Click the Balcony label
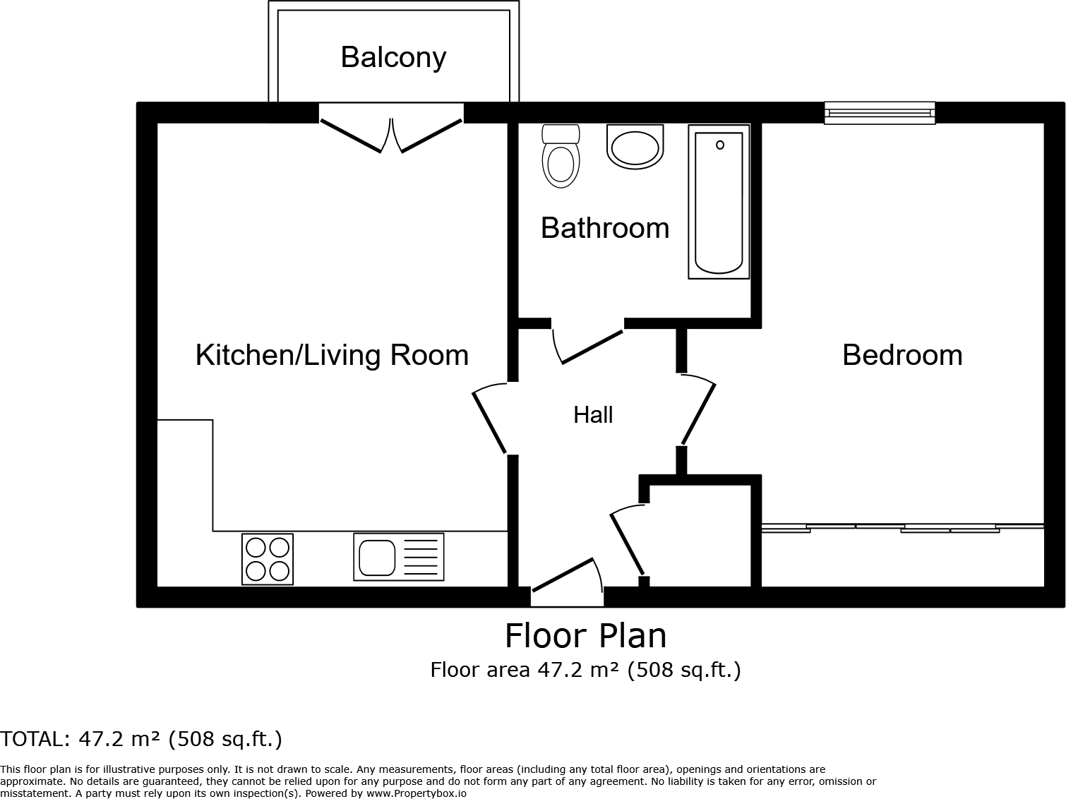coord(393,57)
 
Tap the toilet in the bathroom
coord(561,157)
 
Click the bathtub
coord(719,202)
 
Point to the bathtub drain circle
coord(720,145)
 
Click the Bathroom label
coord(605,228)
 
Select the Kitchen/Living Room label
coord(332,354)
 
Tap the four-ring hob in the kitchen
coord(268,559)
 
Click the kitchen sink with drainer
coord(399,557)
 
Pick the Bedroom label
coord(902,354)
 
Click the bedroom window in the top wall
coord(880,113)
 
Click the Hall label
coord(593,415)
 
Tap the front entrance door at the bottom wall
coord(567,582)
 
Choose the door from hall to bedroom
coord(697,413)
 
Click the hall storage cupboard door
coord(626,540)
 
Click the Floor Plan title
coord(585,635)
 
